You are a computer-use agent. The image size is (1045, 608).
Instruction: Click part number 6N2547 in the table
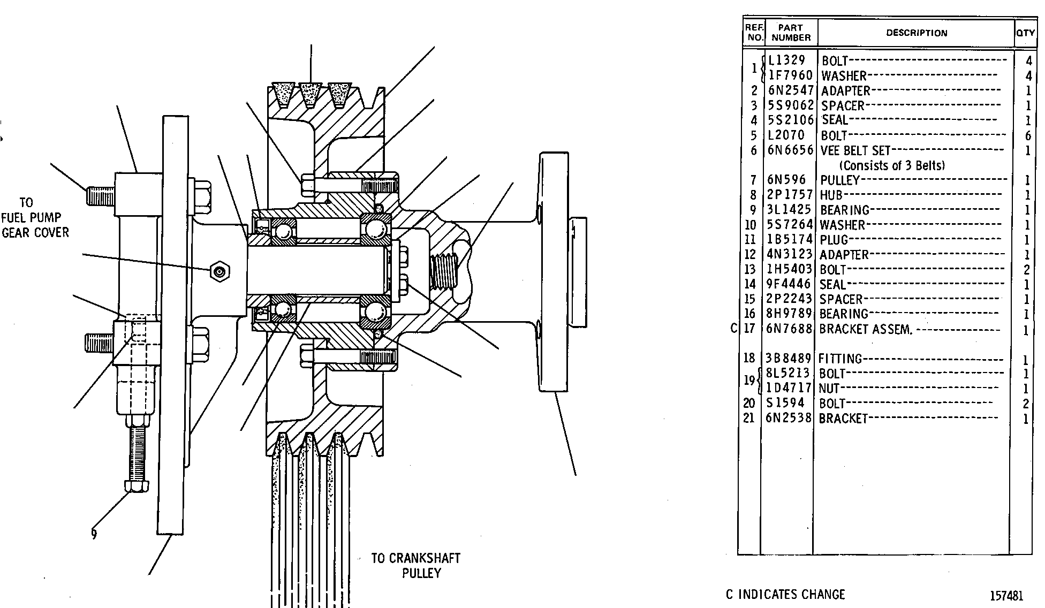[x=791, y=90]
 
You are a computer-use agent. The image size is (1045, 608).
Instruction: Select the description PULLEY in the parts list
[x=839, y=180]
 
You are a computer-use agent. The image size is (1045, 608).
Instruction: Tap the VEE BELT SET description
[x=855, y=151]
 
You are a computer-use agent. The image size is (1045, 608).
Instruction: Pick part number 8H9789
[x=790, y=314]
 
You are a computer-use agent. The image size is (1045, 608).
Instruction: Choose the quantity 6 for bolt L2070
[x=1027, y=136]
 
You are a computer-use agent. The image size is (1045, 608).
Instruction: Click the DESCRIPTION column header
[x=917, y=33]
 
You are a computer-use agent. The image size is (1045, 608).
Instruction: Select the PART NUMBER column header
[x=791, y=33]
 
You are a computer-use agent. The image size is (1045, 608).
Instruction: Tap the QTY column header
[x=1025, y=33]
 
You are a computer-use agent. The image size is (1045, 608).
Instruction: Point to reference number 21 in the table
[x=749, y=418]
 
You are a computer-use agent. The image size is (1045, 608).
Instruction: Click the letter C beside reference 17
[x=734, y=328]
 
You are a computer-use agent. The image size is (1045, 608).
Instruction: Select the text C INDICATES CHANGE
[x=785, y=594]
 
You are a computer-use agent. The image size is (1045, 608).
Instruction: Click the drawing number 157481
[x=1006, y=596]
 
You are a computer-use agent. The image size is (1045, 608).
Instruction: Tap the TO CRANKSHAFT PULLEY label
[x=416, y=566]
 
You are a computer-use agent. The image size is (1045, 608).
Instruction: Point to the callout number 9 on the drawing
[x=94, y=534]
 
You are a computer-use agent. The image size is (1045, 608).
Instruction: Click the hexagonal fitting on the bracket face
[x=219, y=272]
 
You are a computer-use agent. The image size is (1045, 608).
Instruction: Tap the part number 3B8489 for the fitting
[x=789, y=359]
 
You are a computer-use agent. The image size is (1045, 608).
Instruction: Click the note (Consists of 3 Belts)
[x=892, y=165]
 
